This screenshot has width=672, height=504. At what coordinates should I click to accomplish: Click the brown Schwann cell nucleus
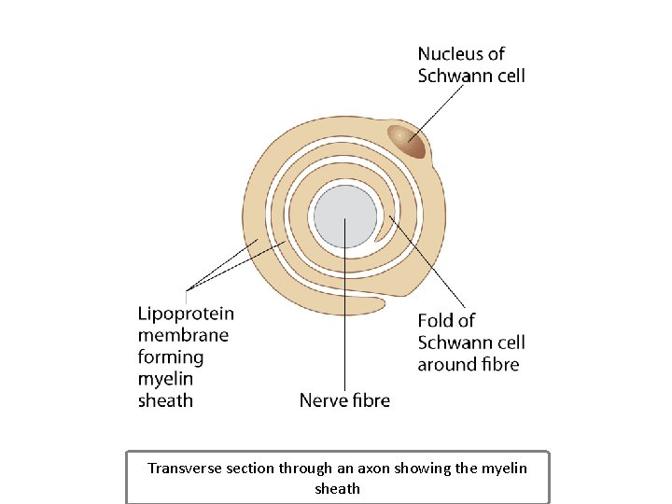407,141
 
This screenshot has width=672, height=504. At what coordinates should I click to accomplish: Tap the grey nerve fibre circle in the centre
345,217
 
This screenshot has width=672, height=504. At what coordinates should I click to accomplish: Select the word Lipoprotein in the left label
186,314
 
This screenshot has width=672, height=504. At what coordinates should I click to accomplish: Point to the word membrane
183,335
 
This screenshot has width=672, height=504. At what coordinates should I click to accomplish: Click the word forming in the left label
171,357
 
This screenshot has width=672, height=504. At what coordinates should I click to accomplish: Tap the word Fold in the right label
436,321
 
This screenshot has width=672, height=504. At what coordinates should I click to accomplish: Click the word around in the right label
443,365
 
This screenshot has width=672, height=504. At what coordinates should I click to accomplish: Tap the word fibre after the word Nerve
371,400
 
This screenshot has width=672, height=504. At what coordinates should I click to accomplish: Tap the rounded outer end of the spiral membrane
379,303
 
